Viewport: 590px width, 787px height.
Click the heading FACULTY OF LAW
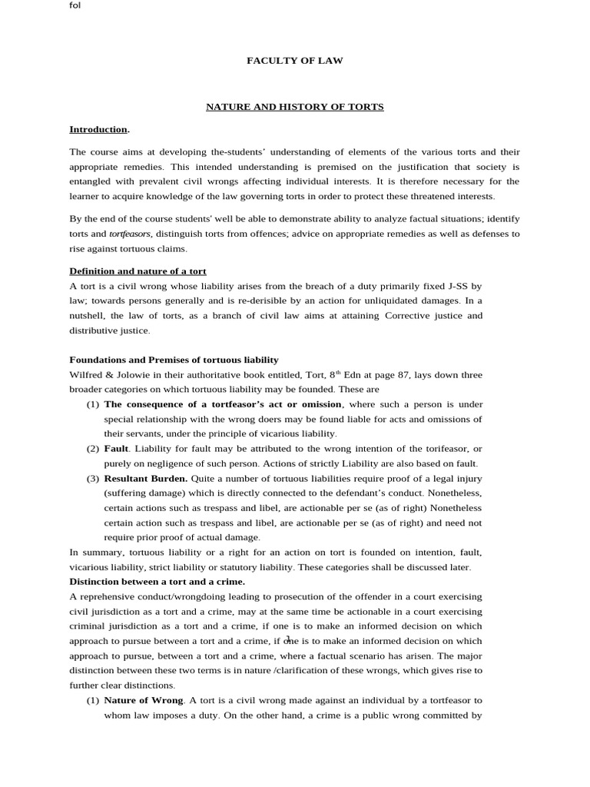pyautogui.click(x=294, y=61)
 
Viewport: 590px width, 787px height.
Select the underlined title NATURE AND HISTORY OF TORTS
pyautogui.click(x=294, y=107)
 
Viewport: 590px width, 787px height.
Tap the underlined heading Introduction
pyautogui.click(x=98, y=129)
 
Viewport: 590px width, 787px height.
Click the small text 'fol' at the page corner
pyautogui.click(x=75, y=5)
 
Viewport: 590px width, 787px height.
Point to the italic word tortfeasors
pyautogui.click(x=131, y=234)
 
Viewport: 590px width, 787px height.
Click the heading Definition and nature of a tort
pyautogui.click(x=138, y=271)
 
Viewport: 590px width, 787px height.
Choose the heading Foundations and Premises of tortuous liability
pyautogui.click(x=174, y=360)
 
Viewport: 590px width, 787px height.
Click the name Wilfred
pyautogui.click(x=87, y=375)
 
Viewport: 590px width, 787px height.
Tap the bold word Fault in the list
pyautogui.click(x=116, y=449)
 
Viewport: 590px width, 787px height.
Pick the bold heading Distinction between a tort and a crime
pyautogui.click(x=157, y=582)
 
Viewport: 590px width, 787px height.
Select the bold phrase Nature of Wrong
pyautogui.click(x=143, y=700)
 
